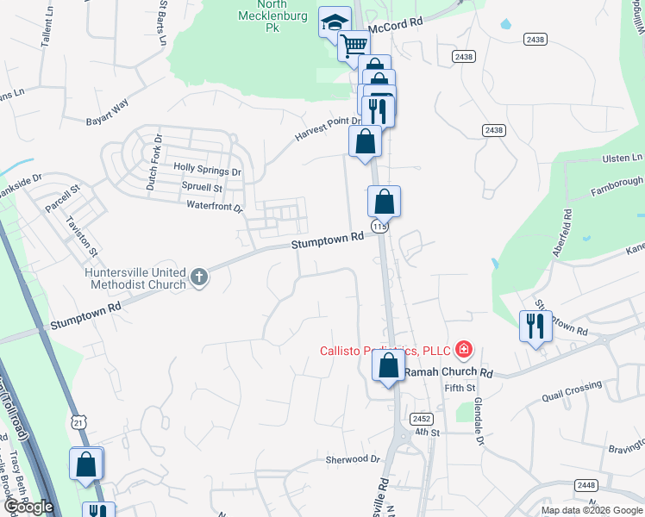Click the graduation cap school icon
pos(334,23)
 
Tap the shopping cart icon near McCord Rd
pos(353,47)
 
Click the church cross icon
pos(199,277)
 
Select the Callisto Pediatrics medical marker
pos(464,350)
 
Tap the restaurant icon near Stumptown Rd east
pos(535,326)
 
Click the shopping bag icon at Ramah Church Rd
pos(388,365)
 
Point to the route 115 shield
pos(379,226)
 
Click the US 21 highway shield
pos(78,422)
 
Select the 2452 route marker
pos(422,418)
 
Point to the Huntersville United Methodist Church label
pos(136,277)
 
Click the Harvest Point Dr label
pos(328,128)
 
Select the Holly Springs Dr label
pos(208,170)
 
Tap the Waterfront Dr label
pos(215,206)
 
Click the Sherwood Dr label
pos(353,459)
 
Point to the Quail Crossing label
pos(572,391)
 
